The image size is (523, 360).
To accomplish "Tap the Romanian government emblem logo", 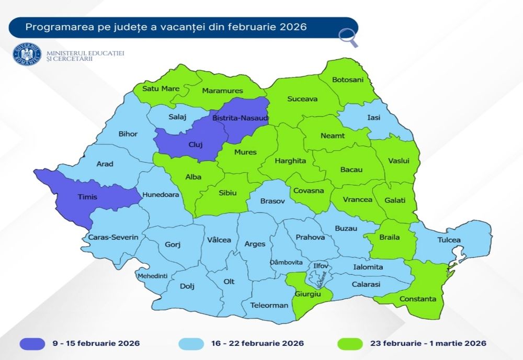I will point(27,55).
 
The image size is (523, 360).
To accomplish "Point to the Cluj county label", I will point(195,145).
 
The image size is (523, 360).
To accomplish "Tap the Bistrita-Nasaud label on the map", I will point(240,119).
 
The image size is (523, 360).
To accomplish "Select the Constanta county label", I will point(417,299).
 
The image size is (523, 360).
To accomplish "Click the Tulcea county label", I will point(450,240).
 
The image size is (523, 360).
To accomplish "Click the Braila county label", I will point(389,237).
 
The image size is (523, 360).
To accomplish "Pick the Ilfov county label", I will point(320,266).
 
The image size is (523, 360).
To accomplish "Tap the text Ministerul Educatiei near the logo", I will point(85,53).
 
